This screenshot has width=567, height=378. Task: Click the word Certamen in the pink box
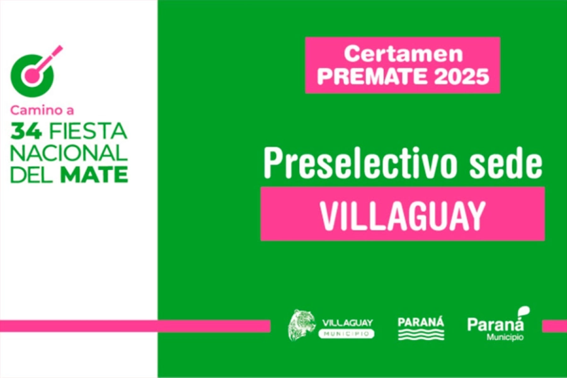point(403,54)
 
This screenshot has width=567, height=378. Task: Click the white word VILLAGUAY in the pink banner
point(403,215)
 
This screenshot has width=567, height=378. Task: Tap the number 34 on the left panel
point(26,131)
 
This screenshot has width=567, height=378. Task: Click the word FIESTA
point(88,131)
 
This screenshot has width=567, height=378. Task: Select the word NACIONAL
point(69,153)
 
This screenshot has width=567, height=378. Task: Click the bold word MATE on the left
point(94,175)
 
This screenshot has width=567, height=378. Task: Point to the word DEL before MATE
point(33,175)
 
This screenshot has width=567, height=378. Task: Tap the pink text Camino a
point(42,110)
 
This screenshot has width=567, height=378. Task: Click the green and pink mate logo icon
point(35,72)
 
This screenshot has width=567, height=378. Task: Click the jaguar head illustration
point(302,325)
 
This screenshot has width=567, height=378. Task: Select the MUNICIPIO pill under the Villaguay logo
point(346,334)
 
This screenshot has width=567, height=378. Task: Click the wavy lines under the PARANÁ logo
point(421,335)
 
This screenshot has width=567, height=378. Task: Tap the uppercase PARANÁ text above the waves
point(421,322)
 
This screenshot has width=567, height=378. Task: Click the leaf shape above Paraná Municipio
point(524,311)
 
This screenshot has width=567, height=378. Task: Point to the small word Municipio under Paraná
point(505,337)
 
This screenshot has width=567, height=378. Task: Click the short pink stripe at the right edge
point(554,326)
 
